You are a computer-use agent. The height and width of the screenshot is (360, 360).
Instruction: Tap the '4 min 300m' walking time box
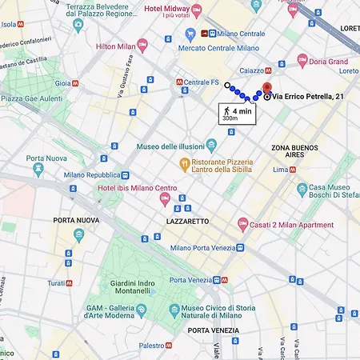point(230,113)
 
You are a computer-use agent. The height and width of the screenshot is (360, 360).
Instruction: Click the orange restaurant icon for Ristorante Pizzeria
point(184,164)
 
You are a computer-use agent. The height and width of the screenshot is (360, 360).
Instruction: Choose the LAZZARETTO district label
point(187,221)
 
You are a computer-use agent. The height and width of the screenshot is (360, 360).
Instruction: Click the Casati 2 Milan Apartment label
point(290,225)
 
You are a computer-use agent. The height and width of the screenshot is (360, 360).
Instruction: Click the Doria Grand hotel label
point(329,61)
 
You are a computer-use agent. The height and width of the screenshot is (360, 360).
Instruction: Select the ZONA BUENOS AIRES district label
point(294,153)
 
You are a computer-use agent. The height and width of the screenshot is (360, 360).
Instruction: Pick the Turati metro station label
point(56,283)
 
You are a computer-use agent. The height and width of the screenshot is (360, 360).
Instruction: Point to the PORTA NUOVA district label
point(76,220)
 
